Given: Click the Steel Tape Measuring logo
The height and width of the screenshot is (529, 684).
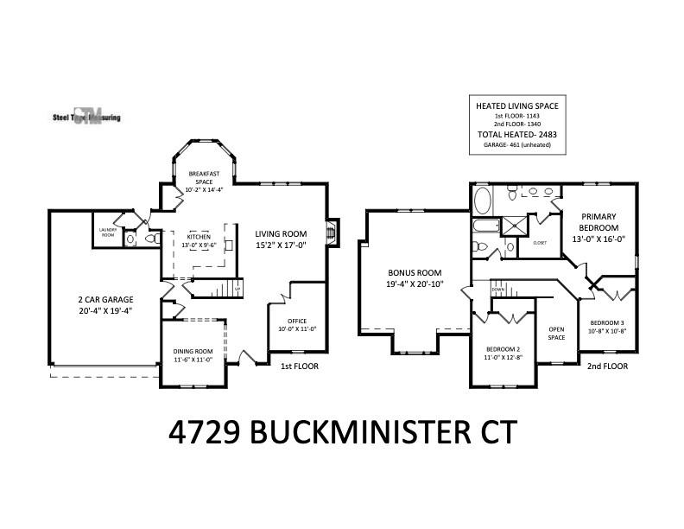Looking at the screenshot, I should [85, 117].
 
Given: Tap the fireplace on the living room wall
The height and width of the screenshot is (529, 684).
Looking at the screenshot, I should [331, 232].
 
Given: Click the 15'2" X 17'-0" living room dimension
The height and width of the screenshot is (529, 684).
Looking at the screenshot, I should [281, 245].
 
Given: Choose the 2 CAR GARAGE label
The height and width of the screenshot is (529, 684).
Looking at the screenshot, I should [105, 300].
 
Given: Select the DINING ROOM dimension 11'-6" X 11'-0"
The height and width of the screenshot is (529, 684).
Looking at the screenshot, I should [193, 360].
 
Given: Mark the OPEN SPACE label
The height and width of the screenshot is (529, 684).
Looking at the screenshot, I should [557, 334].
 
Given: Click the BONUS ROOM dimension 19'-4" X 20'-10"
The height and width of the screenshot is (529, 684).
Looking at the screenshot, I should [415, 284].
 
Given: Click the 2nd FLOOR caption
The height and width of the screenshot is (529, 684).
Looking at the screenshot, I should [607, 366].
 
